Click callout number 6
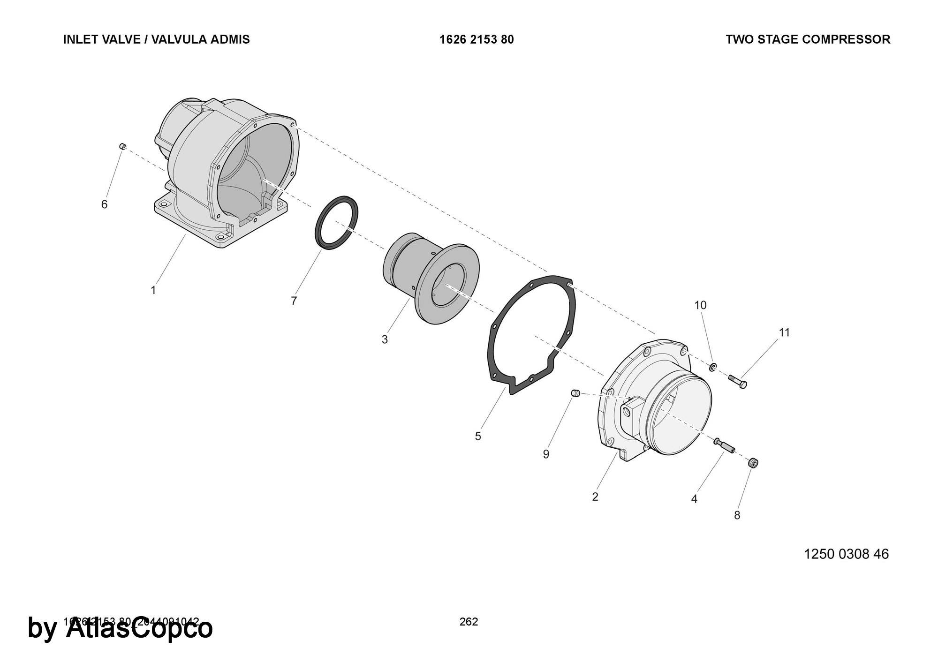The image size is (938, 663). pyautogui.click(x=105, y=204)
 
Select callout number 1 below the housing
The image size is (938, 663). pyautogui.click(x=153, y=291)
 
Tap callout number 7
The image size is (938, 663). pyautogui.click(x=294, y=301)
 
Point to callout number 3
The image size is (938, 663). pyautogui.click(x=385, y=339)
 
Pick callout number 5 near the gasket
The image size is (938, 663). pyautogui.click(x=478, y=437)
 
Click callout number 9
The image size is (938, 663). pyautogui.click(x=546, y=454)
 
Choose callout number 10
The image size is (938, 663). pyautogui.click(x=700, y=305)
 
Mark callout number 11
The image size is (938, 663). pyautogui.click(x=785, y=332)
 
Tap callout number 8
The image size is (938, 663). pyautogui.click(x=737, y=515)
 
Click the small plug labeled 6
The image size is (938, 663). pyautogui.click(x=122, y=146)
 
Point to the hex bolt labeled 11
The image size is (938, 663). pyautogui.click(x=737, y=381)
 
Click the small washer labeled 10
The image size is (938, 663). pyautogui.click(x=713, y=366)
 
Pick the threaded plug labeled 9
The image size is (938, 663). pyautogui.click(x=576, y=393)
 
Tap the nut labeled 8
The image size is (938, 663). pyautogui.click(x=753, y=463)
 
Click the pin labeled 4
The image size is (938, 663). pyautogui.click(x=725, y=446)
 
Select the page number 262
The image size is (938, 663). pyautogui.click(x=469, y=622)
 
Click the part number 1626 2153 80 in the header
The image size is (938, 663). pyautogui.click(x=477, y=40)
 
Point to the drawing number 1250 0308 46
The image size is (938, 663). pyautogui.click(x=846, y=554)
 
